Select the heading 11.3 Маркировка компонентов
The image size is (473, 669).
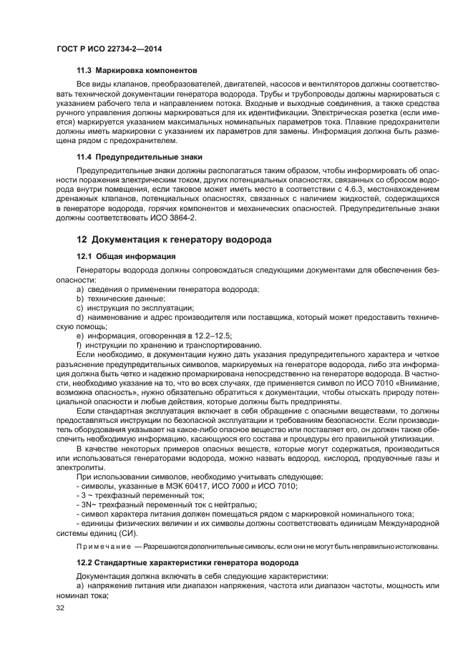point(137,70)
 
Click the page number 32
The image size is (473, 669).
point(60,608)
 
